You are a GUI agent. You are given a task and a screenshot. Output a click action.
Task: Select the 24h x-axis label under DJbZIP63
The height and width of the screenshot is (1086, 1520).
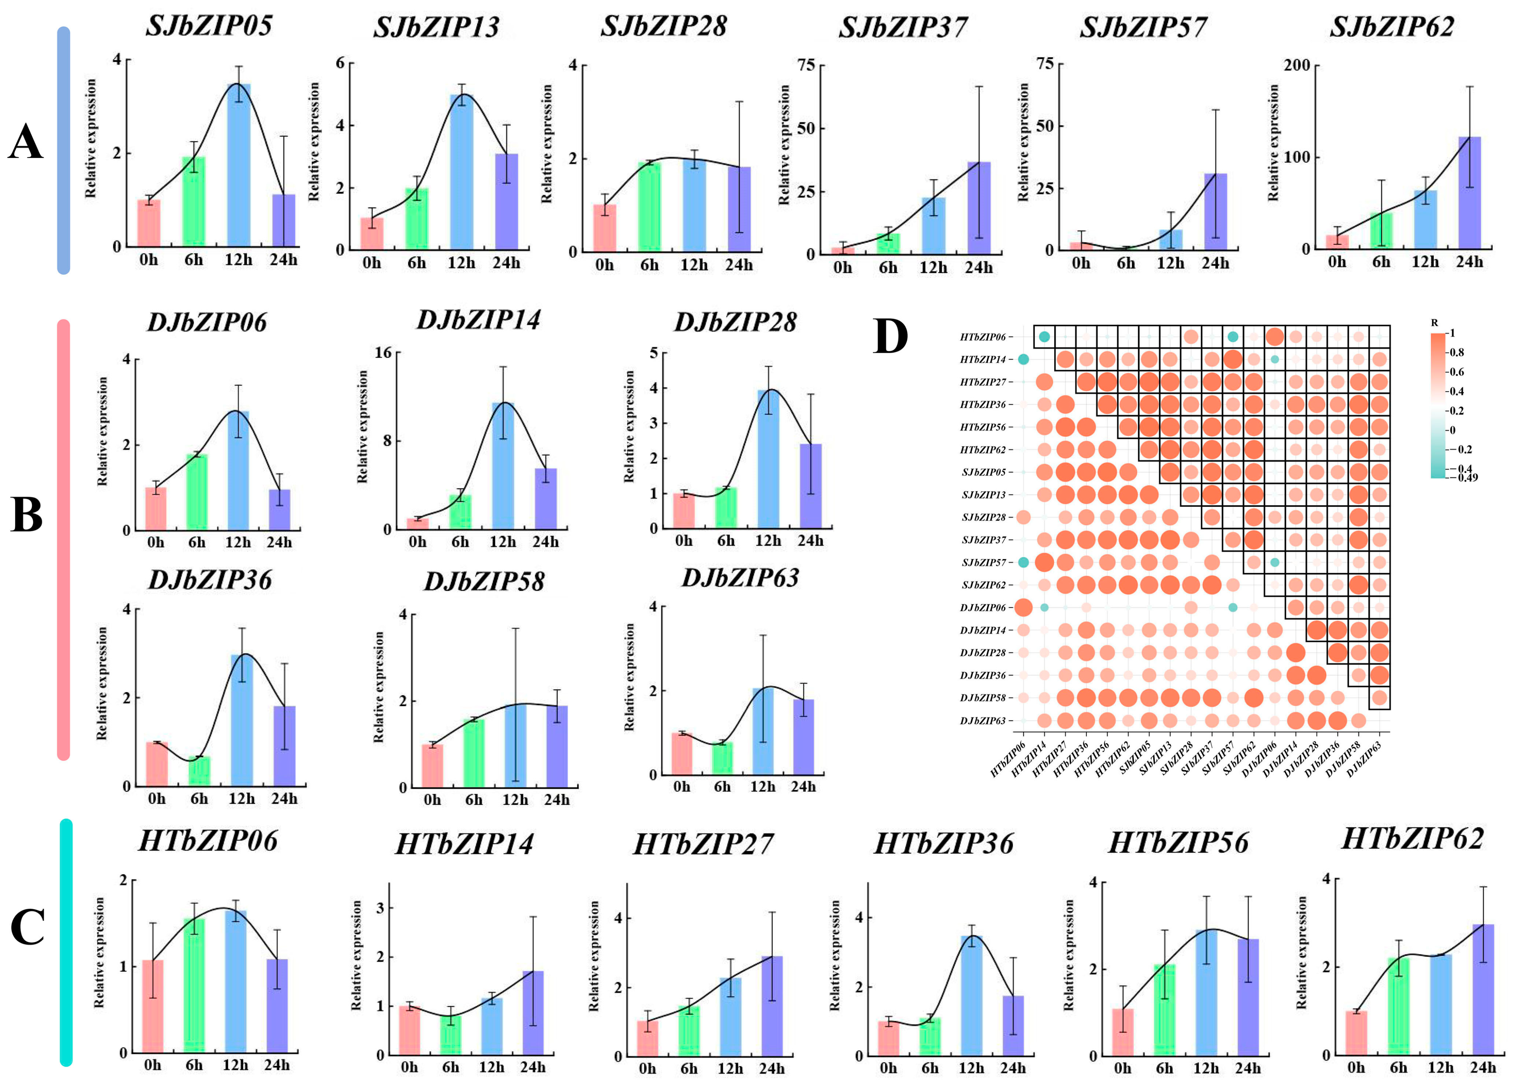[803, 787]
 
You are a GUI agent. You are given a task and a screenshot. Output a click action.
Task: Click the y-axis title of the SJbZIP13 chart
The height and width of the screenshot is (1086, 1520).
[314, 142]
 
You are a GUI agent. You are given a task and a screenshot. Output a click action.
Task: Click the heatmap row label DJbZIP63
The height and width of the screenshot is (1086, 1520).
[983, 721]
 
